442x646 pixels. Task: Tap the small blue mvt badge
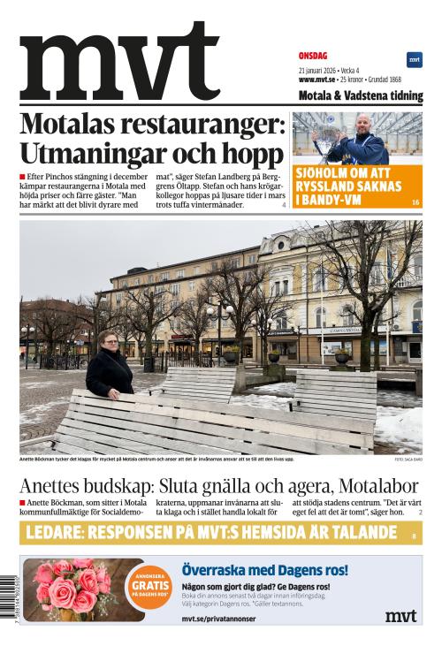(x=414, y=60)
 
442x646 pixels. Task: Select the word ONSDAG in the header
(x=313, y=54)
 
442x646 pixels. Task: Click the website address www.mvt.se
(x=317, y=80)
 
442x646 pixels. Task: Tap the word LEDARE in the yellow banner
(x=57, y=532)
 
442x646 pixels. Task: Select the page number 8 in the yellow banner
(x=414, y=536)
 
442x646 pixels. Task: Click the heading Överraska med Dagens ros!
(x=264, y=570)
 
